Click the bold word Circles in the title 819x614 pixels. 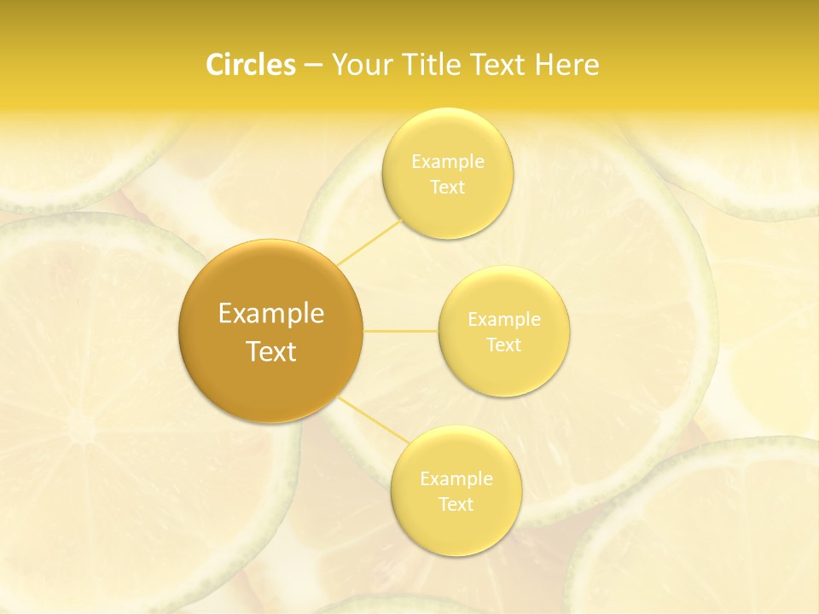click(x=251, y=65)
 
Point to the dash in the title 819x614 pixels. click(x=313, y=66)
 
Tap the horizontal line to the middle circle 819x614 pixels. click(x=401, y=331)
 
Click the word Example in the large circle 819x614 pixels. click(x=271, y=314)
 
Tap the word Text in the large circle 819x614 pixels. click(x=271, y=351)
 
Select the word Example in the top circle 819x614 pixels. click(x=448, y=161)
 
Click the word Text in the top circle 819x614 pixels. click(x=447, y=187)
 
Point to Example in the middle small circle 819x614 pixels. click(x=504, y=320)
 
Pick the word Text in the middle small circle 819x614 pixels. click(x=503, y=345)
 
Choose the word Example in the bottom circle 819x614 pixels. click(x=456, y=478)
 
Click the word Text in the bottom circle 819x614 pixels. click(x=456, y=504)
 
